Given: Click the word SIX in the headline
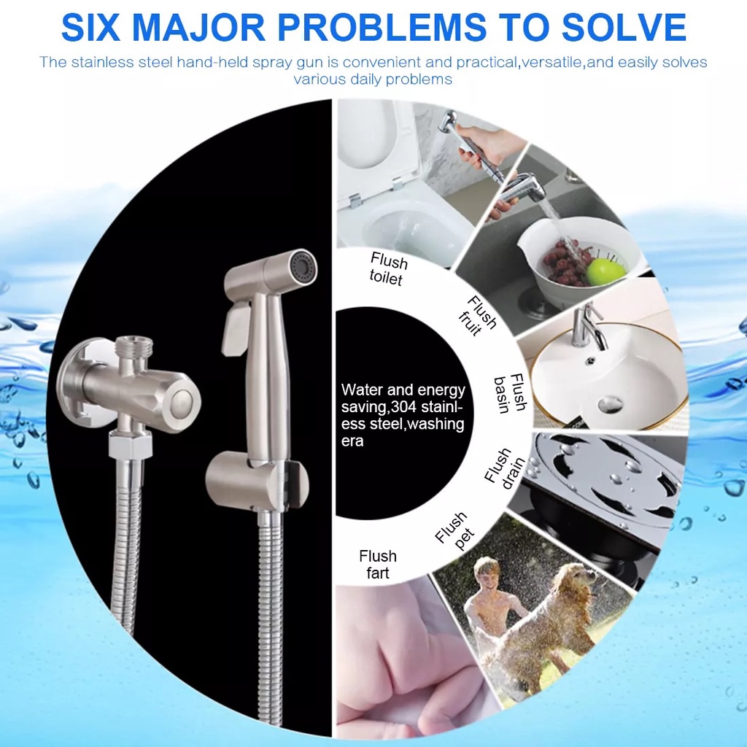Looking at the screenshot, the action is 90,27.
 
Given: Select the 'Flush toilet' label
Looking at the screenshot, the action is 388,269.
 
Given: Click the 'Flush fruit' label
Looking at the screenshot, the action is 478,315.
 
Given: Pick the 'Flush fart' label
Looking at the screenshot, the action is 378,565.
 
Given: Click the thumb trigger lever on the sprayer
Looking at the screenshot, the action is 233,328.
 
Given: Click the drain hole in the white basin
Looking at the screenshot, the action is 611,405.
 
